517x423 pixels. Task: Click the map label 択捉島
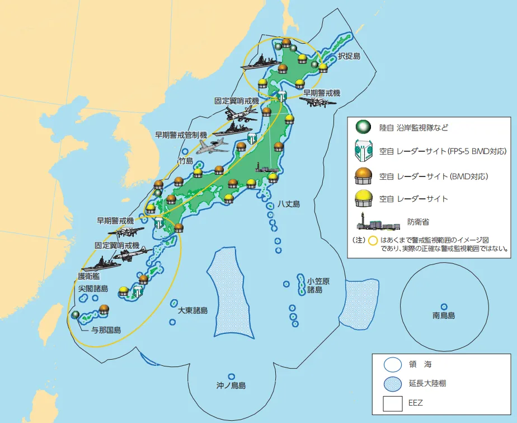click(349, 57)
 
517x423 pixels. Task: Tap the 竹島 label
click(185, 161)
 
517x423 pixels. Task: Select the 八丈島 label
click(288, 204)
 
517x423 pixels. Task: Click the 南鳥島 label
click(444, 316)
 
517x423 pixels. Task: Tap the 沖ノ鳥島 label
click(231, 385)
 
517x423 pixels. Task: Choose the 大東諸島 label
click(193, 310)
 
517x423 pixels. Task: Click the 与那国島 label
click(106, 329)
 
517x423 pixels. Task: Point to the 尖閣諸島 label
click(93, 288)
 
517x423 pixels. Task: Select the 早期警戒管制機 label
click(181, 135)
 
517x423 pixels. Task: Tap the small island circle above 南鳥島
click(444, 306)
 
